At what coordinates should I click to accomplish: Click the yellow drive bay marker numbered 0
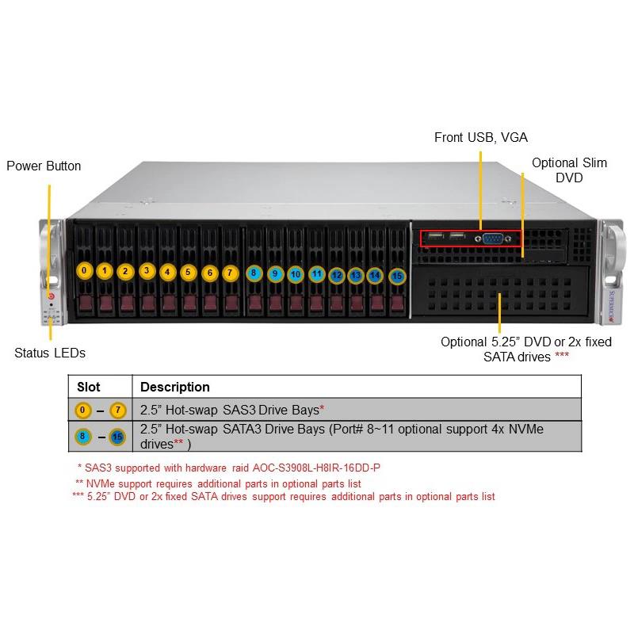coord(84,271)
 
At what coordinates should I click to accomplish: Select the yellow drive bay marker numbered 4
coord(167,272)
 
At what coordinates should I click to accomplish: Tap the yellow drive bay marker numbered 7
coord(230,272)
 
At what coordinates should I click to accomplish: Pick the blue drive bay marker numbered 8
coord(254,273)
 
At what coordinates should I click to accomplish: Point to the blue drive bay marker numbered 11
coord(316,275)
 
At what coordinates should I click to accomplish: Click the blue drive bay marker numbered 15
coord(397,277)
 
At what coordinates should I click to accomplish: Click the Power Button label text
coord(44,166)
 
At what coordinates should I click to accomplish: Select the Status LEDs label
coord(50,353)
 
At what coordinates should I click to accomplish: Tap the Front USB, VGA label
coord(481,138)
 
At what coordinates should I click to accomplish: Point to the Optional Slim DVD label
coord(569,170)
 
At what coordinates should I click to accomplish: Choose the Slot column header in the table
coord(89,387)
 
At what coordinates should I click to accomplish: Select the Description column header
coord(175,387)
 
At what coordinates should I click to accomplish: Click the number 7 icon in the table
coord(119,410)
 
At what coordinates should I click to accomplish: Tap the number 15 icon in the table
coord(118,435)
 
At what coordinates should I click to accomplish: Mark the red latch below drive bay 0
coord(85,304)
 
